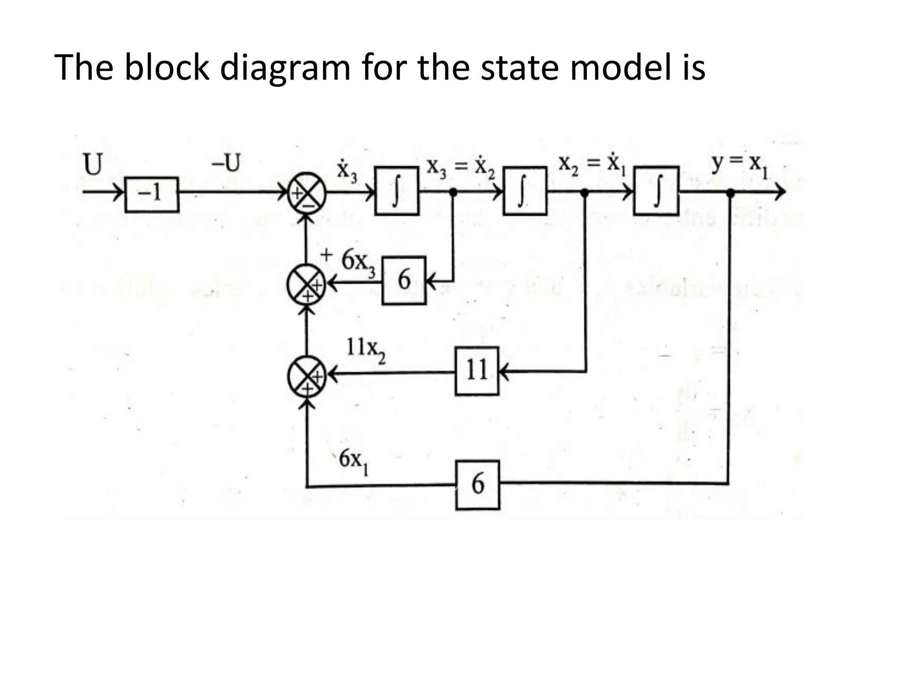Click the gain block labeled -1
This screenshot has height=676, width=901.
(x=152, y=195)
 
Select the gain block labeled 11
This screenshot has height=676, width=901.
(x=477, y=371)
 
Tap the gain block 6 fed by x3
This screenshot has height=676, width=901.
(x=404, y=280)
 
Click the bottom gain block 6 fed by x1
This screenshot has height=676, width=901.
(x=477, y=485)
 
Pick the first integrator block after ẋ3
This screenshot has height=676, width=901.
(x=396, y=191)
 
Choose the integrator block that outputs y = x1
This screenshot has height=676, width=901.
(x=656, y=191)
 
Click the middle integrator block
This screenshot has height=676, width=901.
(x=525, y=191)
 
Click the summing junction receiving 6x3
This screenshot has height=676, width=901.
(x=306, y=284)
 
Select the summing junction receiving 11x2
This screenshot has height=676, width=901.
(x=307, y=375)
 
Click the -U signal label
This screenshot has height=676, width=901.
(x=226, y=163)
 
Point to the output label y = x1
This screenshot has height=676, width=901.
(x=740, y=165)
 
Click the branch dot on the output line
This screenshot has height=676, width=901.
(x=730, y=192)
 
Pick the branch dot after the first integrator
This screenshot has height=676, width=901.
(x=453, y=192)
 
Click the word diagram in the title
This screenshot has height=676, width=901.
(x=285, y=68)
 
